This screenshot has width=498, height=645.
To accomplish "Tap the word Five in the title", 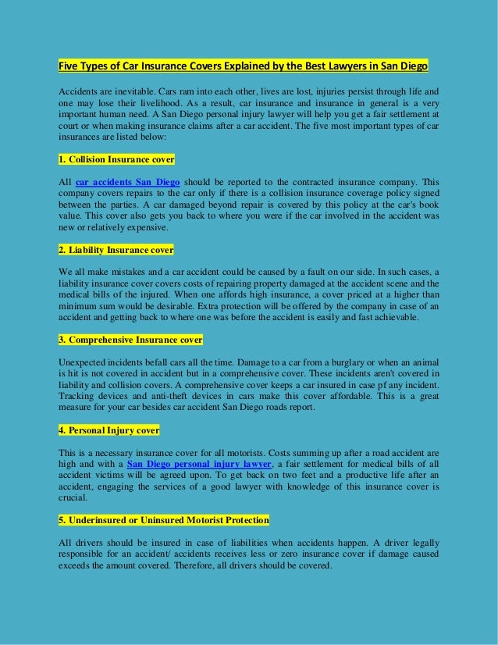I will tap(71, 66).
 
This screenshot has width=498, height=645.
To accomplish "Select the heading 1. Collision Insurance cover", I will tap(116, 159).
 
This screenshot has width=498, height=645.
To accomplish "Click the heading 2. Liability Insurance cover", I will tap(116, 249).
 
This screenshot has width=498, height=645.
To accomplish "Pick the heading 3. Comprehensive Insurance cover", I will tap(130, 340).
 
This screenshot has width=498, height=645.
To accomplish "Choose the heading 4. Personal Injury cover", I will tap(108, 430).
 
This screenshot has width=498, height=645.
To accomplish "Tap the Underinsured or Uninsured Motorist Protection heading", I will tap(164, 520).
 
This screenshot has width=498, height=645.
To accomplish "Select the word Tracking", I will tap(77, 397).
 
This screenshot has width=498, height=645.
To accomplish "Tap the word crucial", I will tap(73, 497).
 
